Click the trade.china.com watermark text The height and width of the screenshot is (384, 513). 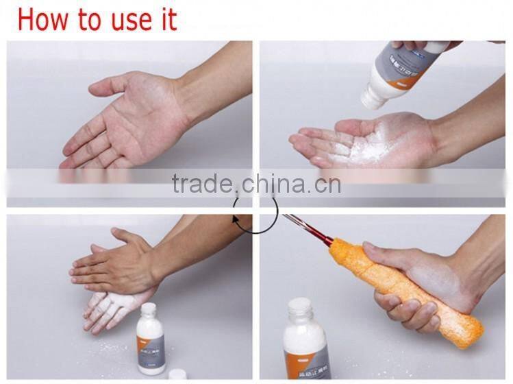click(x=256, y=184)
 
